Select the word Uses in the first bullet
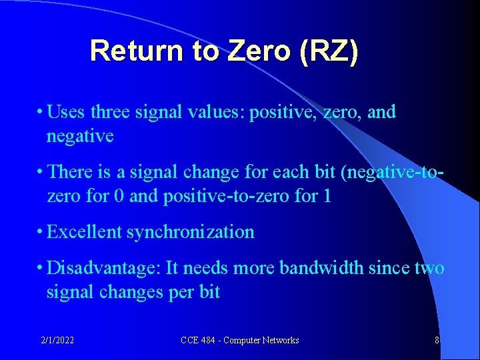click(66, 111)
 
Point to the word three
click(111, 111)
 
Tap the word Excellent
click(84, 232)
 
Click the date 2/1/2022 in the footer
click(57, 341)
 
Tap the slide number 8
click(437, 341)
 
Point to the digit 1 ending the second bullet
click(326, 196)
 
